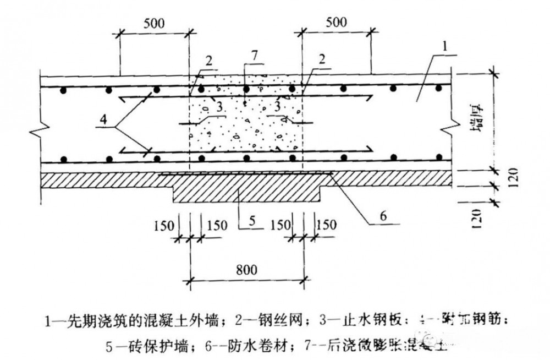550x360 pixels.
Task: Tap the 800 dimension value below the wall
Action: [x=245, y=271]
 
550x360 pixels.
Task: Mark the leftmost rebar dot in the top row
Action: [x=64, y=89]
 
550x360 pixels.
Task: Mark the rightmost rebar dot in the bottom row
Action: [x=439, y=158]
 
